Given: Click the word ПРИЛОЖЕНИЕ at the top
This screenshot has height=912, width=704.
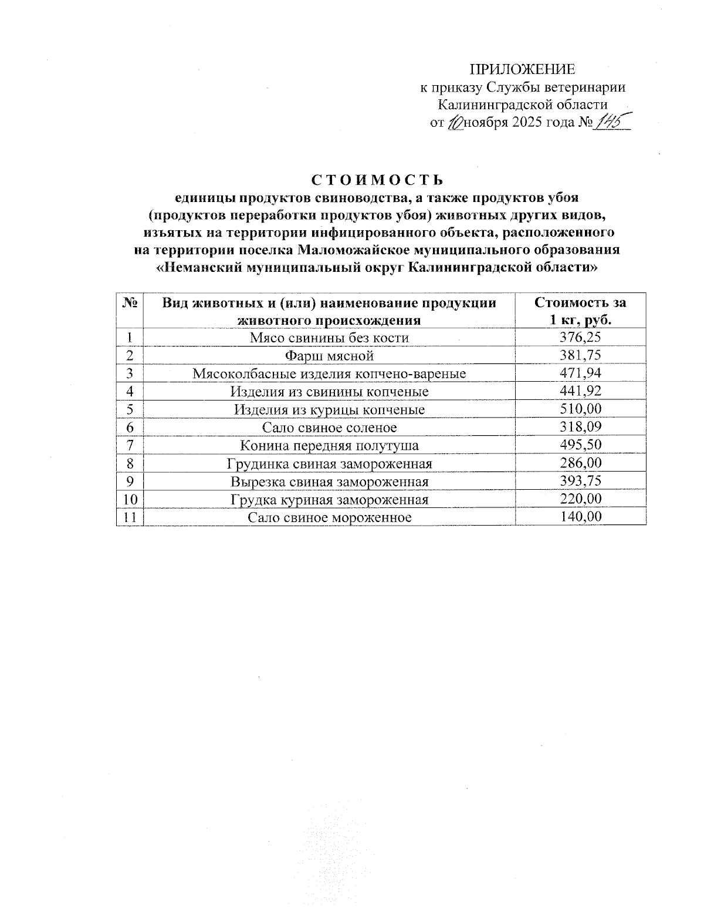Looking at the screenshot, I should (x=523, y=69).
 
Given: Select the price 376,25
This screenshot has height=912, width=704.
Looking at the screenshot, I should (x=580, y=337).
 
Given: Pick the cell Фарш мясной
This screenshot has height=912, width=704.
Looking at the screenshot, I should (x=329, y=355).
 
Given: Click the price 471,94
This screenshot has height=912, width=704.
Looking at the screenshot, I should (x=580, y=373).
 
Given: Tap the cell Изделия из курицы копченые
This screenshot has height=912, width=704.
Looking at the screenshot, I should (x=329, y=409).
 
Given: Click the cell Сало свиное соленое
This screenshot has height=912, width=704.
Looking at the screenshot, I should (x=329, y=428).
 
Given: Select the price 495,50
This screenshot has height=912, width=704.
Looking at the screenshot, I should (x=580, y=445).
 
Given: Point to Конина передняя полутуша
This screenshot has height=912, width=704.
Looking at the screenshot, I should (x=329, y=446).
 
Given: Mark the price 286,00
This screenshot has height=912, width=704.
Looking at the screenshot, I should (x=580, y=463).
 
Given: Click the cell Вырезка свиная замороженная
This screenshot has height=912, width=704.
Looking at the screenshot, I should (x=329, y=482).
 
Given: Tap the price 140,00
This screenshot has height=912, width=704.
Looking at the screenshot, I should (x=580, y=517).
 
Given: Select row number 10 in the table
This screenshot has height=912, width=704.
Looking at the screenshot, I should (x=129, y=499).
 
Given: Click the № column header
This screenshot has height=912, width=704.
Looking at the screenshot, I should (x=130, y=303).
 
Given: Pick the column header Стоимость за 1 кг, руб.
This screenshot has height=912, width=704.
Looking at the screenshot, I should (x=580, y=311).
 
